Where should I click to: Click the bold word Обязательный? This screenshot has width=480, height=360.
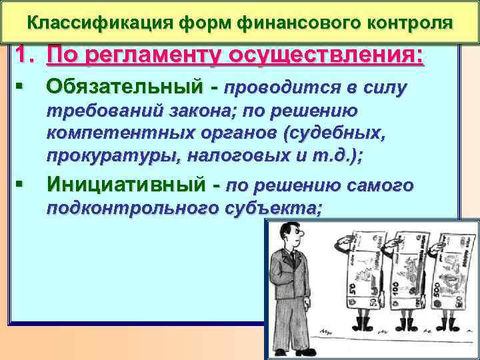[x=123, y=87]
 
